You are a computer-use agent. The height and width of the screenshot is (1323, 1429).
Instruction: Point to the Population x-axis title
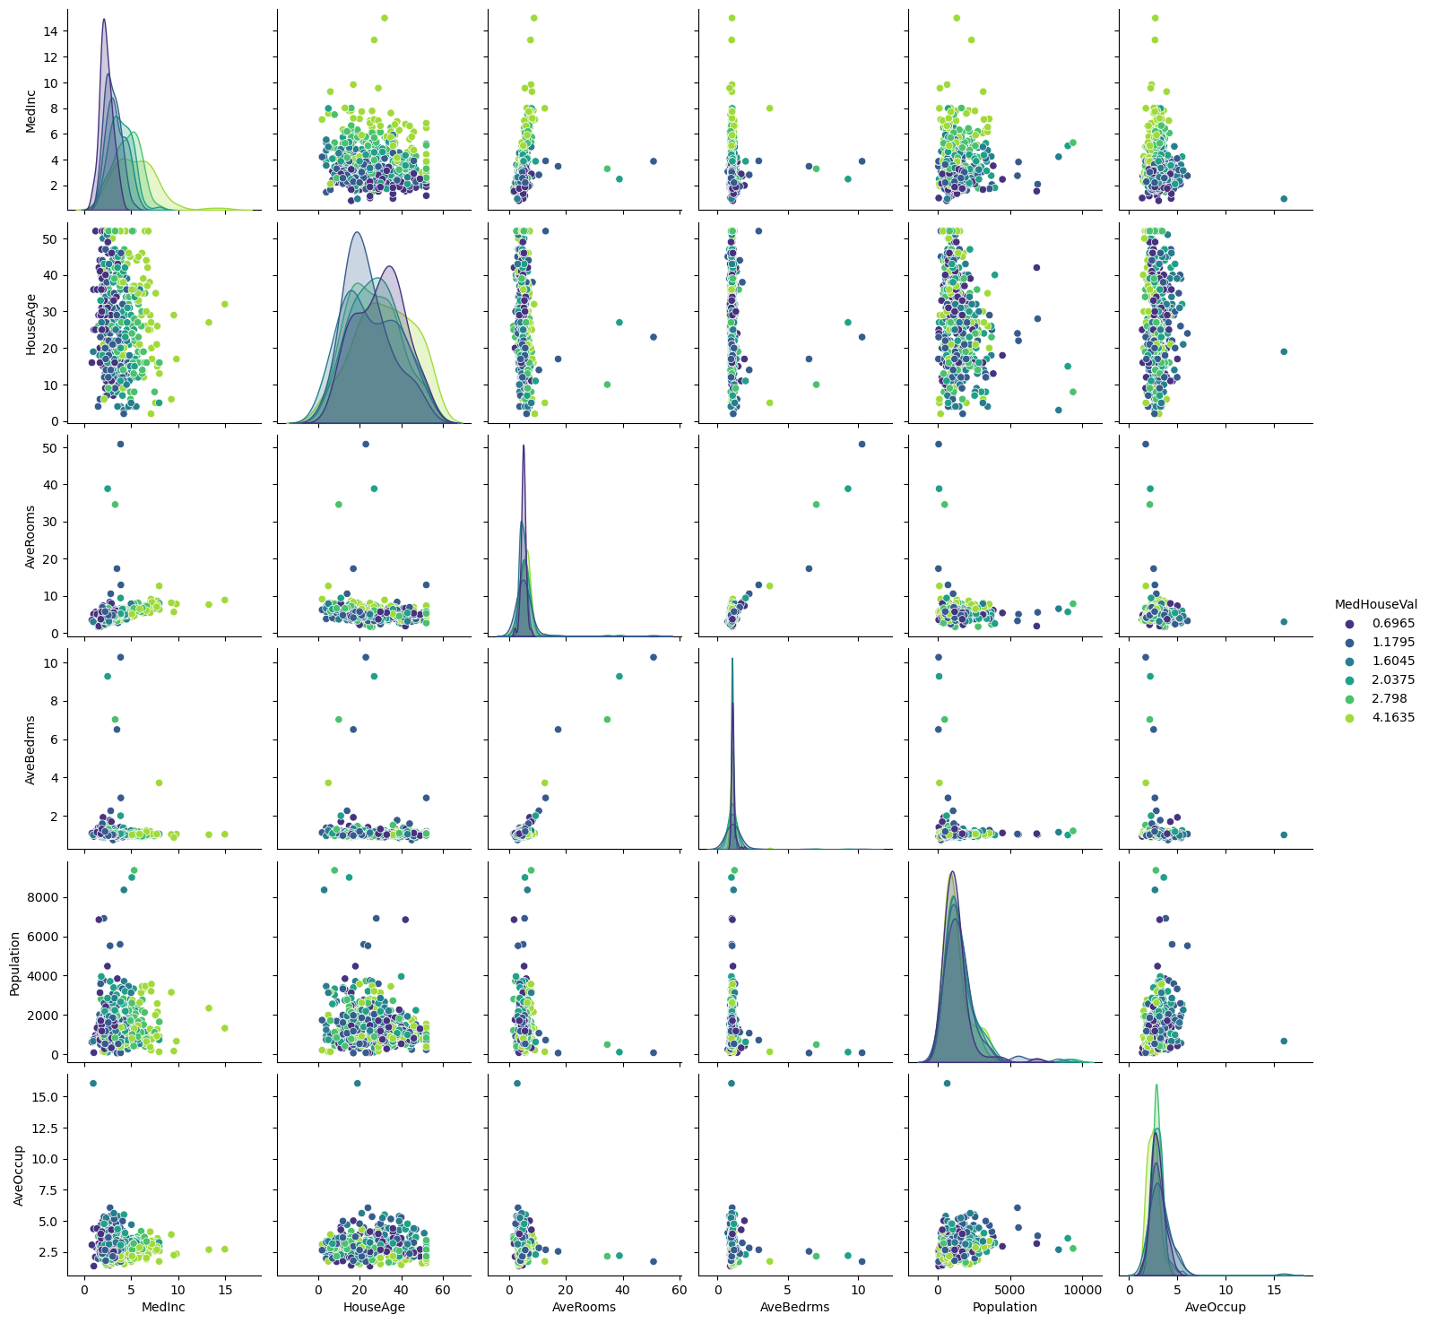pyautogui.click(x=1005, y=1307)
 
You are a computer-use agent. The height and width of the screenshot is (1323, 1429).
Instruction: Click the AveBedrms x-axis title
pyautogui.click(x=794, y=1307)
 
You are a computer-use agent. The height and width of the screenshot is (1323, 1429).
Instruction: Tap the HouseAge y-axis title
pyautogui.click(x=30, y=324)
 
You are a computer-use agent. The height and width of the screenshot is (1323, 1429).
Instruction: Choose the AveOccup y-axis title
pyautogui.click(x=18, y=1173)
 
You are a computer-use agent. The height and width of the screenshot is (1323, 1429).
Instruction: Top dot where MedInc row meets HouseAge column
pyautogui.click(x=385, y=18)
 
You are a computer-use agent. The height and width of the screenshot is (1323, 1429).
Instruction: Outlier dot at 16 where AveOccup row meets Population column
pyautogui.click(x=947, y=1083)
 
